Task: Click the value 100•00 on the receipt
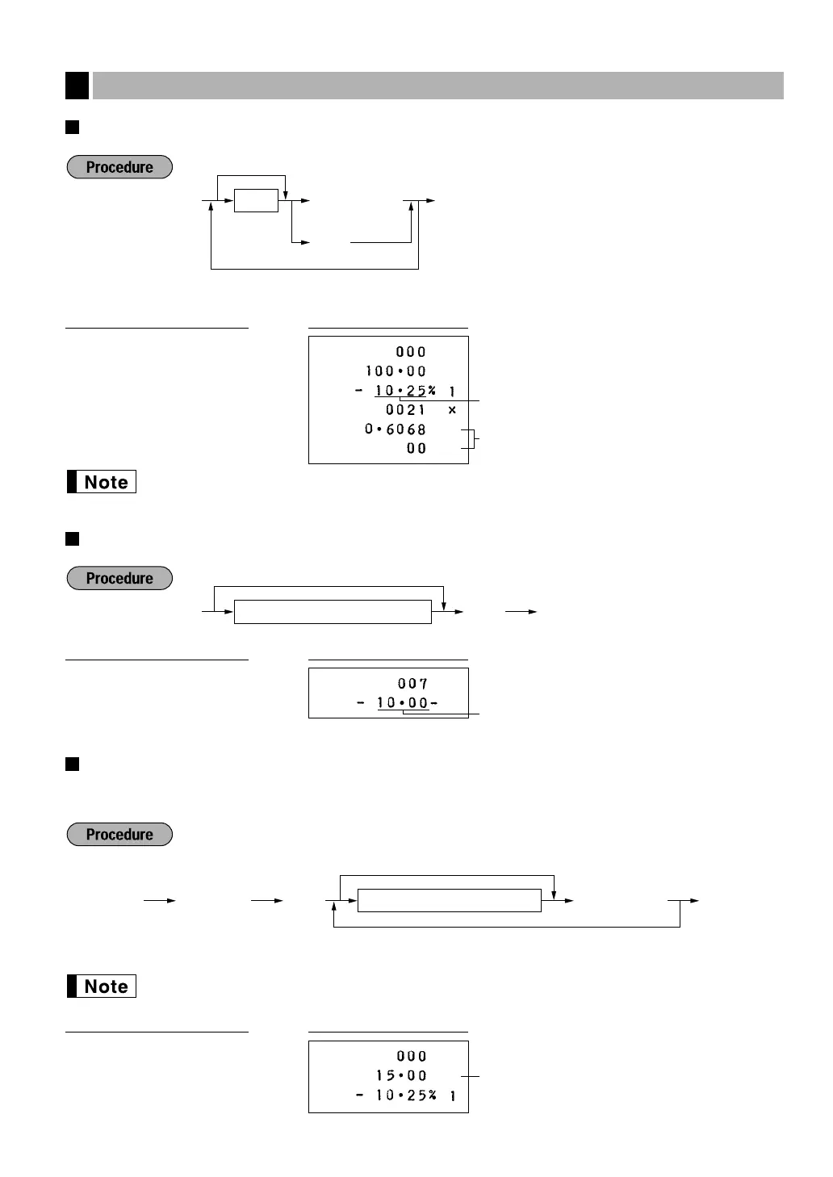(x=396, y=371)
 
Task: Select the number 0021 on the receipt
(x=405, y=410)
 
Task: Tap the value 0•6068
(x=395, y=429)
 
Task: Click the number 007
(x=412, y=684)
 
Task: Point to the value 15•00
(x=401, y=1075)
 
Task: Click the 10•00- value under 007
(x=407, y=703)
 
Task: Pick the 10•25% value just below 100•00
(x=405, y=391)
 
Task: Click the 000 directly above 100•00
(x=411, y=352)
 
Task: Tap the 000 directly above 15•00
(x=412, y=1056)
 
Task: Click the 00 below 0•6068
(x=416, y=449)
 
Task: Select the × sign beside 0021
(x=452, y=410)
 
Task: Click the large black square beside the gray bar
(x=77, y=86)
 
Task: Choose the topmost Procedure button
(x=119, y=167)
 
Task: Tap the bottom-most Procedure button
(x=119, y=834)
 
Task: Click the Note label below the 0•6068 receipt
(x=102, y=482)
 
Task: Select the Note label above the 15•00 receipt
(x=102, y=986)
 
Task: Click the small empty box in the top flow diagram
(x=256, y=200)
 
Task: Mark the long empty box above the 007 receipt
(x=333, y=612)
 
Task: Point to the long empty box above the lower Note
(x=449, y=900)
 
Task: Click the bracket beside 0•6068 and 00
(x=472, y=439)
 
